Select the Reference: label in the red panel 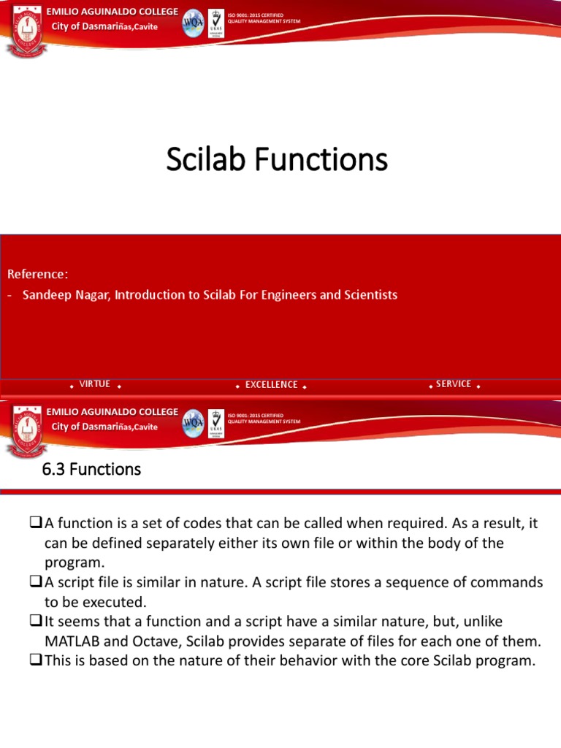pos(37,274)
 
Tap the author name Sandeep pos(45,295)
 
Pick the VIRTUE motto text pos(94,384)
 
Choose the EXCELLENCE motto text pos(271,385)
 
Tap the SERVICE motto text pos(453,384)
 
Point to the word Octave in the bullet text pos(152,641)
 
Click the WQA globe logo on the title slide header pos(193,23)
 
